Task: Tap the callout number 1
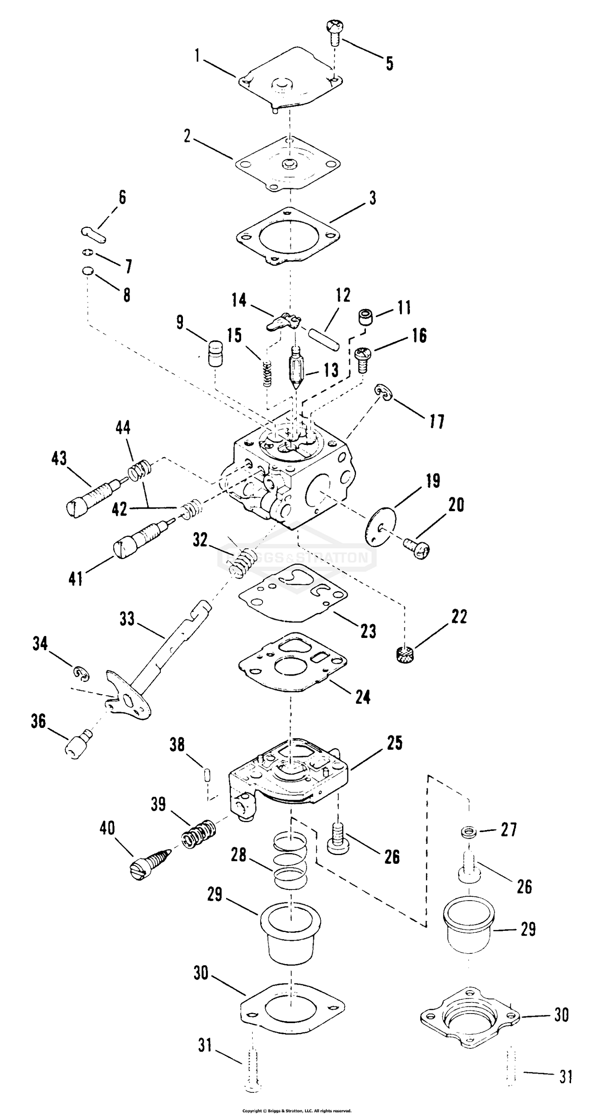[197, 56]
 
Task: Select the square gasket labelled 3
[288, 236]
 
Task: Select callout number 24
[363, 697]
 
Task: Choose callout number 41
[76, 579]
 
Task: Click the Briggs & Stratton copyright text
[297, 1111]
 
